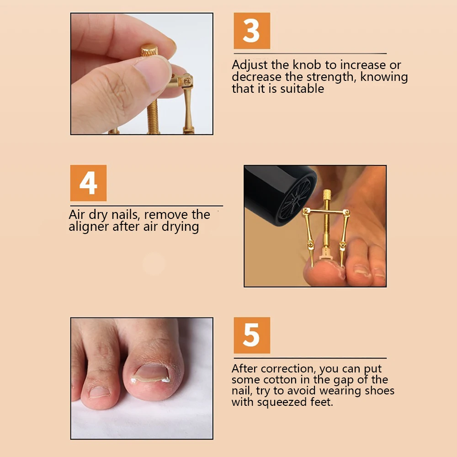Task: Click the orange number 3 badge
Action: click(x=252, y=31)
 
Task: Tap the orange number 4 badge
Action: click(x=88, y=183)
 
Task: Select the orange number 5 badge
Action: click(x=252, y=335)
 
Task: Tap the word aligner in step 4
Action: click(x=89, y=227)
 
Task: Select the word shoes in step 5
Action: click(x=379, y=391)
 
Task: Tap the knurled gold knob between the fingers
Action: click(x=149, y=50)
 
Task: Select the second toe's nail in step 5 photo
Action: click(x=99, y=392)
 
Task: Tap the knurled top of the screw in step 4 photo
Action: click(x=327, y=194)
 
